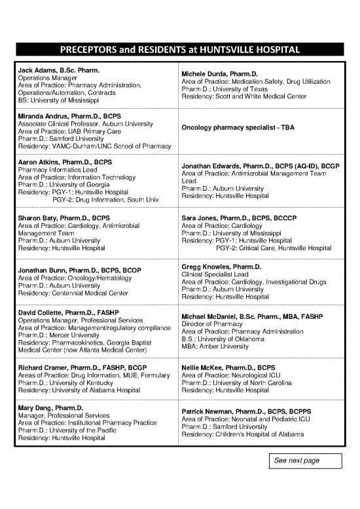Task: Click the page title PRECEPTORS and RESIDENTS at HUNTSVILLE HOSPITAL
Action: tap(179, 50)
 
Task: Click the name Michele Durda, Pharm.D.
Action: tap(220, 73)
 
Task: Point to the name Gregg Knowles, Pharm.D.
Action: tap(221, 267)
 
